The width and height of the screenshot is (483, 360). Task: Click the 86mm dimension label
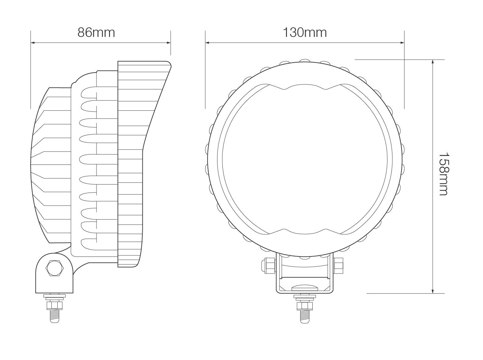(x=96, y=33)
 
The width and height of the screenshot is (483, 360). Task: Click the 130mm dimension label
(x=305, y=33)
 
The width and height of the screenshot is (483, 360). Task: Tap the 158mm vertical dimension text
(x=443, y=174)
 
